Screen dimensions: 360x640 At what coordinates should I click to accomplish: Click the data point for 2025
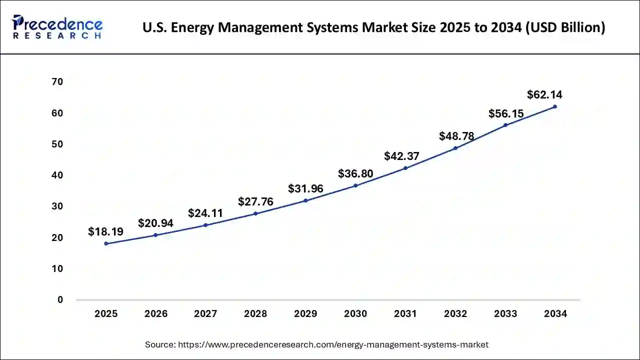point(106,243)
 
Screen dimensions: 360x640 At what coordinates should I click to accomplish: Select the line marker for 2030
point(355,185)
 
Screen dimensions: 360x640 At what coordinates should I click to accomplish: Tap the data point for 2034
point(555,106)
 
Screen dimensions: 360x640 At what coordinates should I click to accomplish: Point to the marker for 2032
point(455,148)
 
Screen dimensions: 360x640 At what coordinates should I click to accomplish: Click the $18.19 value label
point(105,231)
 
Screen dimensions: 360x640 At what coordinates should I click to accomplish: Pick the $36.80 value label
point(355,173)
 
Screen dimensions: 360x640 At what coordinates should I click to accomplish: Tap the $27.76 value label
point(255,201)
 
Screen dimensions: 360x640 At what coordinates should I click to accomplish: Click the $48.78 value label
point(456,136)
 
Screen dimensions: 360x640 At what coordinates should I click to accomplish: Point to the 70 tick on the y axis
point(57,82)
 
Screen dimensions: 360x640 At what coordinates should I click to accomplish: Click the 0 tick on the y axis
point(60,300)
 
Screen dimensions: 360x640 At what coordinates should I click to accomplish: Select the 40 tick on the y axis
point(57,175)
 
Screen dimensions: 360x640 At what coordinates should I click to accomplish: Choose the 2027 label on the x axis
point(205,314)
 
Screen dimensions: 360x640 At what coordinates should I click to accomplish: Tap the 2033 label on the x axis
point(505,314)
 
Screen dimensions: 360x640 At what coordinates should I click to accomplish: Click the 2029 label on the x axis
point(305,314)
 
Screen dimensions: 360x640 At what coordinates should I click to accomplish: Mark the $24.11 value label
point(205,213)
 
